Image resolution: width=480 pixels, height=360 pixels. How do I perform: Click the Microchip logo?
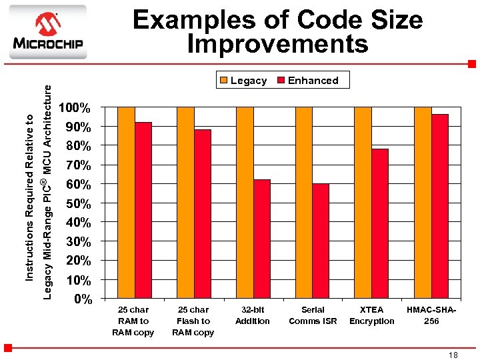coord(47,32)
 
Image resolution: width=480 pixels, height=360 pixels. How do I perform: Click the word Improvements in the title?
coord(277,45)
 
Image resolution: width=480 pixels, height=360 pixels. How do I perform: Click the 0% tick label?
coord(83,299)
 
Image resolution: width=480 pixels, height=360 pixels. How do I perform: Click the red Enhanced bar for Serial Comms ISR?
coord(321,241)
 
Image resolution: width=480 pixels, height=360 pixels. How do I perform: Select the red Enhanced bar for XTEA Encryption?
coord(380,223)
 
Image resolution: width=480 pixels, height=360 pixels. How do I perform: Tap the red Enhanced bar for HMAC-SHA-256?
coord(439,206)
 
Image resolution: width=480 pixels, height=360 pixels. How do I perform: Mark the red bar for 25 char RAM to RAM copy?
coord(143,210)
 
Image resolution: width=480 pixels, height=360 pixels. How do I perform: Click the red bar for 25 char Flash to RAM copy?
coord(203,213)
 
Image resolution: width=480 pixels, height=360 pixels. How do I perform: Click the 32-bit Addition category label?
coord(253,315)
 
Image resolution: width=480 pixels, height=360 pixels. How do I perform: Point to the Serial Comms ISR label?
coord(313,315)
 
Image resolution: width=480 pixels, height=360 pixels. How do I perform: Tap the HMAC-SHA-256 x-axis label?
coord(431,315)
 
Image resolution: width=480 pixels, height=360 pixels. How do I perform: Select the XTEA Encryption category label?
coord(371,315)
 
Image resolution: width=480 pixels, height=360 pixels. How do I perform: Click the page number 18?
coord(453,355)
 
